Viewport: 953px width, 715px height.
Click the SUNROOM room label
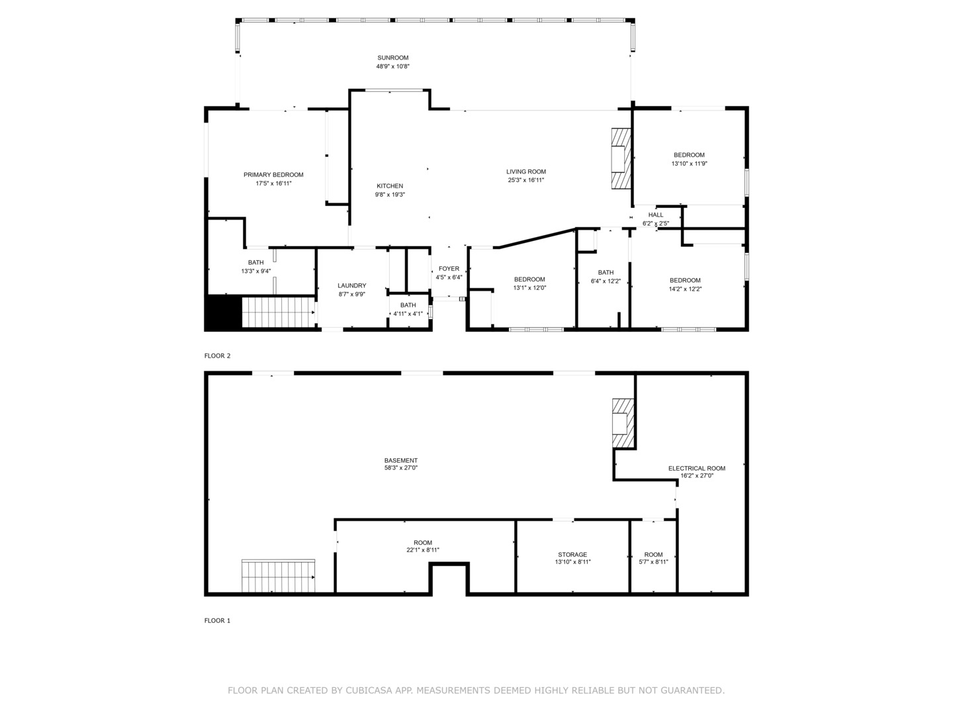(x=392, y=58)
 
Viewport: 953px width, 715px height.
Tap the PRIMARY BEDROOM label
(x=273, y=175)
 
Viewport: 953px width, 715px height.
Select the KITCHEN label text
(x=390, y=186)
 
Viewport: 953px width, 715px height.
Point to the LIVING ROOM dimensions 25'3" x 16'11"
(x=526, y=180)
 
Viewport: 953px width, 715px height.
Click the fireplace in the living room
(x=620, y=159)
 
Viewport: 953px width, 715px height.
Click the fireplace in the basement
(x=622, y=424)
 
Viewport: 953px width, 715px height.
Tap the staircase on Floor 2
(x=278, y=312)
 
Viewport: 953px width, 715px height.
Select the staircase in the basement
(x=278, y=576)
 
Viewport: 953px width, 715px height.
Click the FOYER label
(x=449, y=269)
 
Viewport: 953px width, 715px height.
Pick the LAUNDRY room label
(x=352, y=286)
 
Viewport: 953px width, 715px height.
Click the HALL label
(x=656, y=215)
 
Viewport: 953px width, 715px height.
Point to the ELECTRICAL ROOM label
(x=696, y=468)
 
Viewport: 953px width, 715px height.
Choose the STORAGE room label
(x=572, y=555)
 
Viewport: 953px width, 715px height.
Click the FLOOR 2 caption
(x=217, y=356)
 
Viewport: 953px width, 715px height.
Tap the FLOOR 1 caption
(x=217, y=621)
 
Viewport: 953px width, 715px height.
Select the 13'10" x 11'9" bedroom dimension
(x=689, y=164)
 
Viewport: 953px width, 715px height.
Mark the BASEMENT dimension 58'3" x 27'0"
(x=401, y=468)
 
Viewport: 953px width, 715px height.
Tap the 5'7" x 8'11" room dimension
(x=653, y=562)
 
